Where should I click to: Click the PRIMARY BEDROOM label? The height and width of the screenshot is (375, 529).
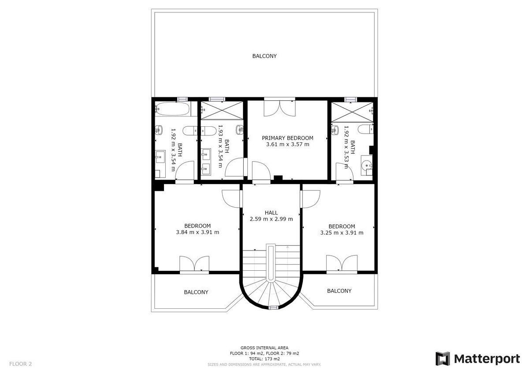tap(287, 138)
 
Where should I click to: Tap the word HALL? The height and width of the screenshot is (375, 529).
tap(271, 213)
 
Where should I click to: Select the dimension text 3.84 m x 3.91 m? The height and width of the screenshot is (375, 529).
tap(197, 232)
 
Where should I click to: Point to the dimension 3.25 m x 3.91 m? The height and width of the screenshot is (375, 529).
tap(342, 233)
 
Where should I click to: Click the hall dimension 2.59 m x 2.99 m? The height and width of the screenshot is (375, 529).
tap(272, 219)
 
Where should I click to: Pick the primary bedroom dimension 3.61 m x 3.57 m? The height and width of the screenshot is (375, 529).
tap(287, 144)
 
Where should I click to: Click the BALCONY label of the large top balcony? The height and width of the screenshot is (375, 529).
tap(264, 56)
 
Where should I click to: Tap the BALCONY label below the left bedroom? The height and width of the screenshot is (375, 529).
tap(196, 292)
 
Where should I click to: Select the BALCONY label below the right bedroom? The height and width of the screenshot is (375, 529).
tap(339, 291)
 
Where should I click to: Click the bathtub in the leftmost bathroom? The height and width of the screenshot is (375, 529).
tap(172, 109)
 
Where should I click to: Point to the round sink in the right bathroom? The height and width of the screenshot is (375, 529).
tap(366, 165)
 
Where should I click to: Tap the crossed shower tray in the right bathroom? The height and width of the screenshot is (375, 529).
tap(352, 112)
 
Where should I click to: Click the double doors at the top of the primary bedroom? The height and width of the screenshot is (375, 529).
tap(279, 108)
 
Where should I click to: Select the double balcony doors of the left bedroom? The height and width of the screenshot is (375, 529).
tap(194, 263)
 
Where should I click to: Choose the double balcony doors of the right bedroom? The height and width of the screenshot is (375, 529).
tap(342, 263)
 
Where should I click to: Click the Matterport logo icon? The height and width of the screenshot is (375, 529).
tap(442, 359)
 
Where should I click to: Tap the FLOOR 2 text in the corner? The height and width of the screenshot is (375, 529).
tap(20, 364)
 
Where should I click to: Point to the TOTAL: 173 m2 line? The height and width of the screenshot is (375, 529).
tap(264, 359)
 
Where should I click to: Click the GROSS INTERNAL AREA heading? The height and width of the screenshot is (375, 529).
tap(264, 348)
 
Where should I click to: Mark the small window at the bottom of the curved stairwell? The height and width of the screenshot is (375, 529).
tap(274, 307)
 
